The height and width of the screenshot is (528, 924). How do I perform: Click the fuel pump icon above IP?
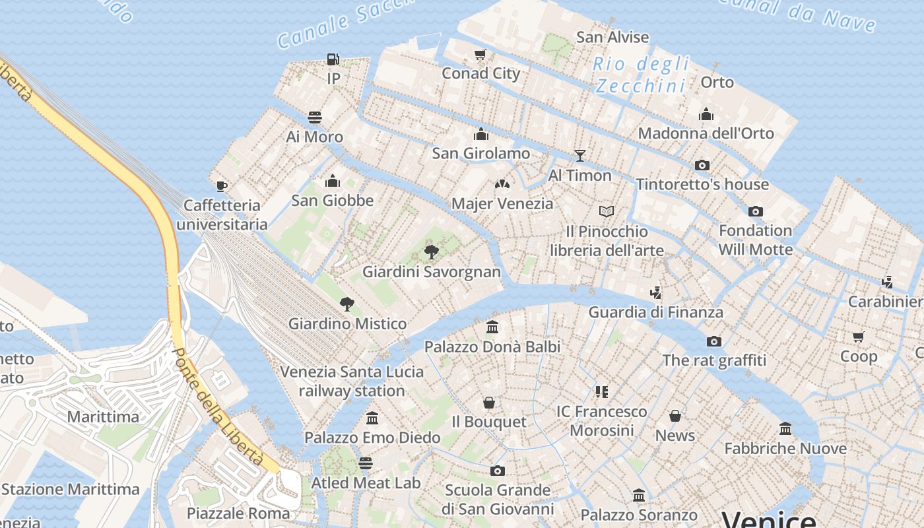[333, 59]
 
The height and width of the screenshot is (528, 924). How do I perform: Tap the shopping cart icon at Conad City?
[480, 55]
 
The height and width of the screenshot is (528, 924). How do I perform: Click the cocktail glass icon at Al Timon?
[580, 156]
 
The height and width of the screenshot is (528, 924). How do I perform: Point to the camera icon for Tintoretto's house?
[702, 165]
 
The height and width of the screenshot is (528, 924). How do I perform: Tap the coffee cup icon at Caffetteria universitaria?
[222, 186]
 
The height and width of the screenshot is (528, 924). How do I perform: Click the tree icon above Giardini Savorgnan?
[432, 252]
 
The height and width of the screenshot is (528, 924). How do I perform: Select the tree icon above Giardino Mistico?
[347, 304]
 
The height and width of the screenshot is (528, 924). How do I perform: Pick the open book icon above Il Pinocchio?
[607, 212]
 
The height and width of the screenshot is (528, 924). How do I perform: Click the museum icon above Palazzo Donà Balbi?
[492, 327]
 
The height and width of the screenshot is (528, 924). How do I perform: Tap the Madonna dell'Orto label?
[706, 133]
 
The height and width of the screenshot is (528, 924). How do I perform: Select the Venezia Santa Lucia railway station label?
[352, 381]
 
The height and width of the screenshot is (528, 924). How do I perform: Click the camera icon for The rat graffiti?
[713, 341]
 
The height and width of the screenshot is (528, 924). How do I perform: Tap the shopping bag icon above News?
[675, 416]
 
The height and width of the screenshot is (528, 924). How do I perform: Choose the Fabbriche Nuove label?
[785, 449]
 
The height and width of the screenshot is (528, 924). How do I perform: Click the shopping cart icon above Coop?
[859, 337]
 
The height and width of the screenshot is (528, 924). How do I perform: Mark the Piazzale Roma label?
[238, 513]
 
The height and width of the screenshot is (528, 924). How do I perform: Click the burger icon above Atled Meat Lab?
[366, 463]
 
